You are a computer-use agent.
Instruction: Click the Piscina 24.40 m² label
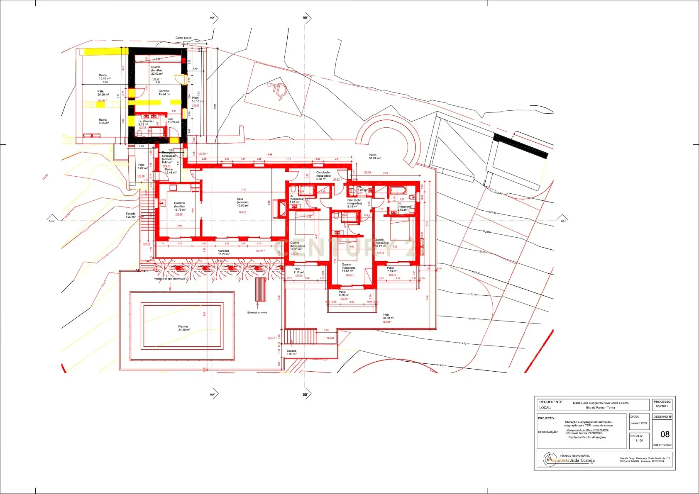[183, 328]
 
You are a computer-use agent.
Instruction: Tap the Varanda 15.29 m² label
[223, 252]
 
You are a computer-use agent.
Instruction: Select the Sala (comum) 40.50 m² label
[242, 202]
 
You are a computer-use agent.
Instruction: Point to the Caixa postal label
[183, 38]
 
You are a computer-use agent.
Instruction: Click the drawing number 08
[665, 434]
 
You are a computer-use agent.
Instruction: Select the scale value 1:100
[639, 440]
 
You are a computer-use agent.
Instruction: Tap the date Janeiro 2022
[639, 423]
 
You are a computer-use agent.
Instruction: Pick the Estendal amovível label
[257, 312]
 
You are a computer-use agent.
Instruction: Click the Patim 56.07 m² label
[374, 156]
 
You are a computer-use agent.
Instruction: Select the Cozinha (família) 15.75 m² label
[179, 207]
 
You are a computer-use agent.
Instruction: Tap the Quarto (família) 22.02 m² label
[156, 70]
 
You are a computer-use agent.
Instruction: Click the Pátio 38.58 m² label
[388, 316]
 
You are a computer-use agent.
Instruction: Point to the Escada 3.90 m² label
[291, 352]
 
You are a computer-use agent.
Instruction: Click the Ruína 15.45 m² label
[104, 77]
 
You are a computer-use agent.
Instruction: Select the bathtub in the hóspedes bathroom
[397, 191]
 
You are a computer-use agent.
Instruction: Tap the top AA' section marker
[213, 18]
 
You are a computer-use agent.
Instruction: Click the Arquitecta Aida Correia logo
[571, 460]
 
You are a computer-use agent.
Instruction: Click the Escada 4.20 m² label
[131, 215]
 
